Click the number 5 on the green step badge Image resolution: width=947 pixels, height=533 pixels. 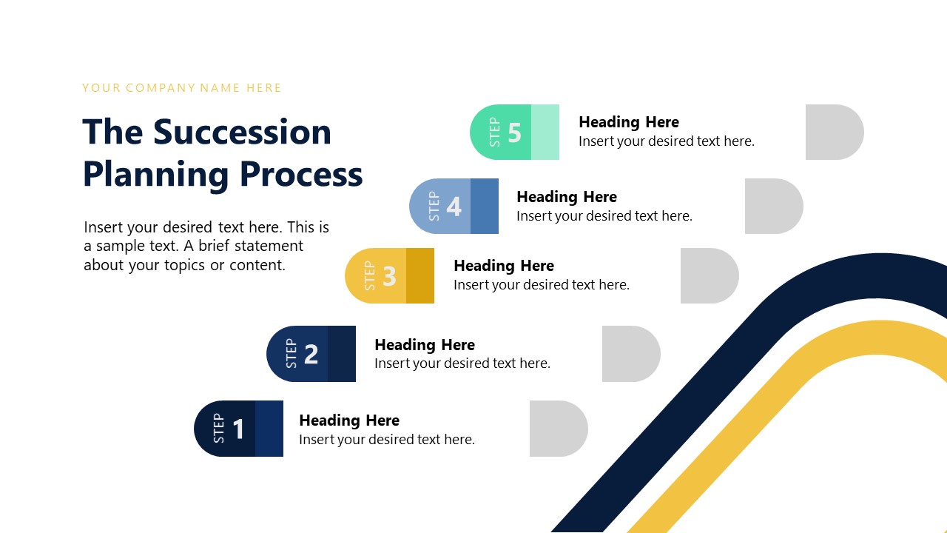(x=515, y=133)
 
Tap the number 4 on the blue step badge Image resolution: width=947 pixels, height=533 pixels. (x=454, y=207)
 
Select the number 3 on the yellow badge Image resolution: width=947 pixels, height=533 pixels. (x=390, y=276)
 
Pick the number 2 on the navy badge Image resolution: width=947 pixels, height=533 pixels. (x=311, y=355)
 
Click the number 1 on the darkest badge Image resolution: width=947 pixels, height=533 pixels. (x=238, y=429)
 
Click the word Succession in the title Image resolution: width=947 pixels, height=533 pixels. (x=242, y=132)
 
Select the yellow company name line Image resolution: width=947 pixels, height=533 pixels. (x=181, y=88)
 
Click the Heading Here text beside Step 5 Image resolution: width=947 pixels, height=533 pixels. (x=628, y=122)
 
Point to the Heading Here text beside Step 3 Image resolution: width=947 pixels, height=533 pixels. (x=503, y=266)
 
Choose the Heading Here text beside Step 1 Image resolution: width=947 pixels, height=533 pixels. (x=348, y=420)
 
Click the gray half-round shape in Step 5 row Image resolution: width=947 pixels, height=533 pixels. (x=834, y=133)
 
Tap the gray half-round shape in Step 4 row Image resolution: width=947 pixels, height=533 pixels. (x=773, y=207)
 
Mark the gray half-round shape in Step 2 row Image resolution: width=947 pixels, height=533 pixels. (x=630, y=355)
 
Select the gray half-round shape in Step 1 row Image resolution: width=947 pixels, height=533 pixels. (x=558, y=429)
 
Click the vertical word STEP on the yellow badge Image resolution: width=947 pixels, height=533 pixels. (x=370, y=276)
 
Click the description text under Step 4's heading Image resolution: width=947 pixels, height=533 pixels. (x=604, y=216)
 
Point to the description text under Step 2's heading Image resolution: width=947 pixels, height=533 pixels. (x=462, y=363)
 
